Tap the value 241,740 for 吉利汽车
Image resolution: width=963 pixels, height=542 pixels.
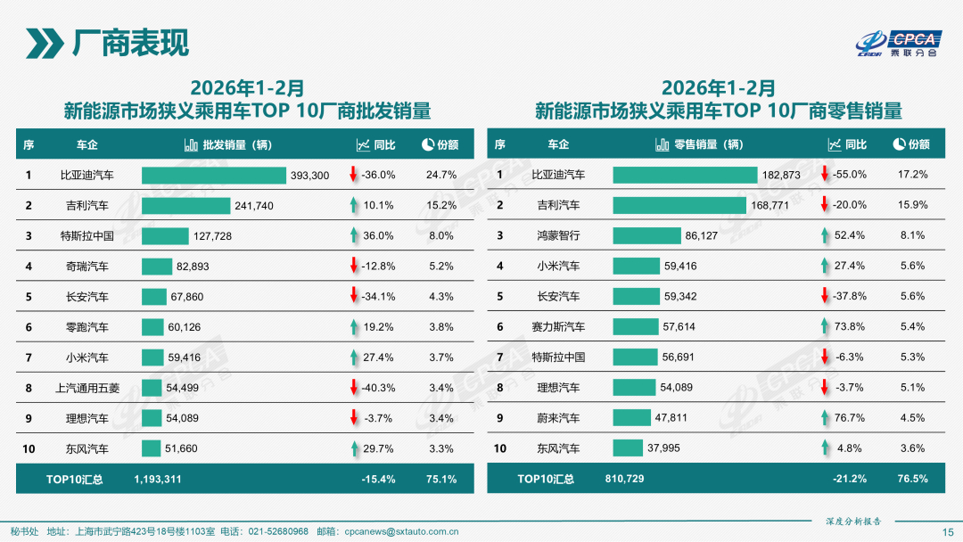click(254, 206)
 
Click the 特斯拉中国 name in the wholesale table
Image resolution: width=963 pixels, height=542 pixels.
click(86, 236)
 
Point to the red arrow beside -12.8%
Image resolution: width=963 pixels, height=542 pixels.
click(353, 267)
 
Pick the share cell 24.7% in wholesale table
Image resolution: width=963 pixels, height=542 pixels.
click(441, 175)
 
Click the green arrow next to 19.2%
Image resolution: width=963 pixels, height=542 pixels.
click(353, 327)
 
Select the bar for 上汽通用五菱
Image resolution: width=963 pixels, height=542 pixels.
click(152, 388)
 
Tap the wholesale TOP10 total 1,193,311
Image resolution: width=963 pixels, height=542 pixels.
click(158, 479)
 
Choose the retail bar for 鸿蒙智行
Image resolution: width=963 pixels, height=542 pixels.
click(646, 235)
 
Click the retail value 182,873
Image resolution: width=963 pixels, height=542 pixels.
click(781, 175)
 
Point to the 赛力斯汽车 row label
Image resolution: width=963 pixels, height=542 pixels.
click(558, 327)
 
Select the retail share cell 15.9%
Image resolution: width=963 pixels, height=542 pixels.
click(912, 205)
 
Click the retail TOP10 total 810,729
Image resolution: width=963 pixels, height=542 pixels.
click(625, 479)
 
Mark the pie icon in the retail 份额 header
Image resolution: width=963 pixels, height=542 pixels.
click(898, 144)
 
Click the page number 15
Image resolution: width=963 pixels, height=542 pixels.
click(948, 531)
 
